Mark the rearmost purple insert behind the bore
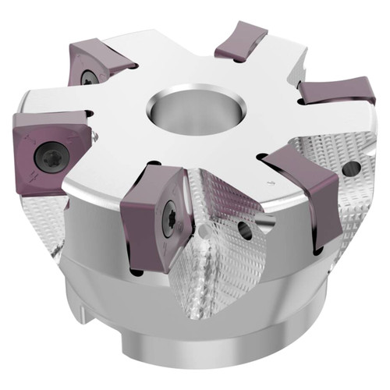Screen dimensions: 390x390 click(241, 41)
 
